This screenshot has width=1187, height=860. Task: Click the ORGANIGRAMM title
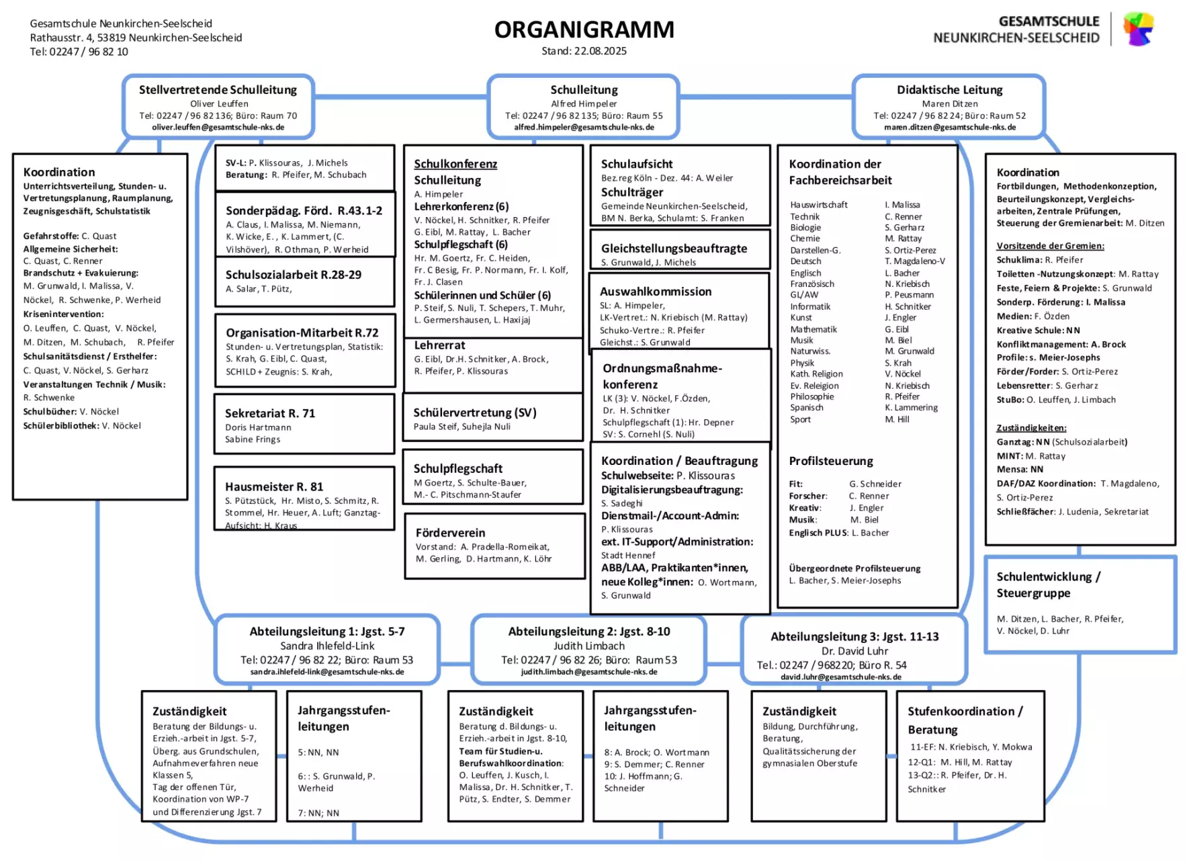[584, 30]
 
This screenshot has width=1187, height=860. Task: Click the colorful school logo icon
[1138, 28]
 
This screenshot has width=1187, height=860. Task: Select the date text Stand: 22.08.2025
[584, 51]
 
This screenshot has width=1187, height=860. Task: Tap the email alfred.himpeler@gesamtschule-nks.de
[584, 127]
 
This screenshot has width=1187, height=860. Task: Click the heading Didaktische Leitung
[949, 90]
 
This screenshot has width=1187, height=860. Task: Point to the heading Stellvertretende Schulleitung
[218, 90]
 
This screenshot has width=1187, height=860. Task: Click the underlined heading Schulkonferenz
[455, 164]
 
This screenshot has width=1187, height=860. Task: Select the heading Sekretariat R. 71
[270, 413]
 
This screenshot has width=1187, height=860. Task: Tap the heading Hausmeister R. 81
[274, 486]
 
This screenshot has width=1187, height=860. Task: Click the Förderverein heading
[450, 533]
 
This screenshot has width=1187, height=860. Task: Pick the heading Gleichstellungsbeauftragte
[674, 249]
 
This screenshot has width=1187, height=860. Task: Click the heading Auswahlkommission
[656, 292]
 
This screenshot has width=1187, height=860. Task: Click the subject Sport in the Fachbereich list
[801, 419]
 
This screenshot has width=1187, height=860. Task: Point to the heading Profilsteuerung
[831, 461]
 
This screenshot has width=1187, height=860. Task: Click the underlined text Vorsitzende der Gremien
[1050, 246]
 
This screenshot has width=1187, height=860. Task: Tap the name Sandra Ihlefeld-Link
[327, 646]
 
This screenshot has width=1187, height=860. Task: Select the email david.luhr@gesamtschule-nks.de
[841, 677]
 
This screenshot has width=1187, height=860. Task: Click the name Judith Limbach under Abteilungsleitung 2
[589, 646]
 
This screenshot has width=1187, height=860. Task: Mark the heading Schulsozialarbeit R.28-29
[294, 275]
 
